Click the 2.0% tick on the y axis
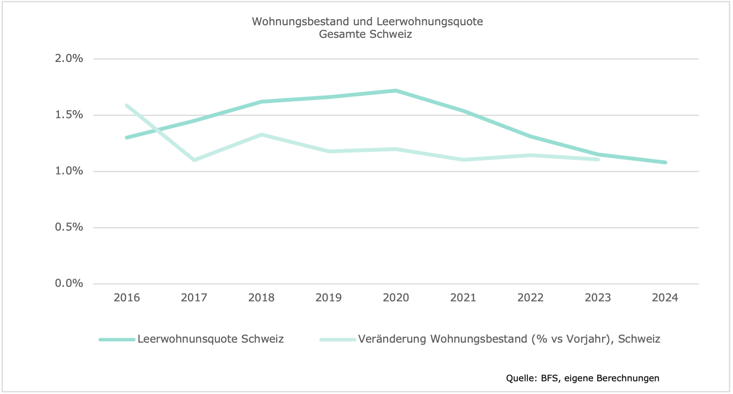click(69, 58)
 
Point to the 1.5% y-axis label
click(69, 115)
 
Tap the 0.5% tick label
click(69, 227)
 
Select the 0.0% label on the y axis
click(69, 283)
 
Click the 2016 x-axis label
click(127, 298)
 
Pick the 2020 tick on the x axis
click(396, 298)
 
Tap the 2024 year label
click(665, 298)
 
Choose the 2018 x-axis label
click(261, 298)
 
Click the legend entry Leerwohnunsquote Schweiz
click(211, 339)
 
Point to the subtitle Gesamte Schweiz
click(366, 34)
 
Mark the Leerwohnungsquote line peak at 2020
click(396, 91)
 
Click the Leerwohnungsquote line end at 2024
click(665, 162)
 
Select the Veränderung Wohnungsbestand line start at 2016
click(127, 105)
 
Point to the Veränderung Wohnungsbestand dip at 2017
click(194, 160)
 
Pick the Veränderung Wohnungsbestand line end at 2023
click(598, 159)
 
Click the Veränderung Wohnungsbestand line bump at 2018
click(261, 135)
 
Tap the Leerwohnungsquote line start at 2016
click(127, 138)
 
